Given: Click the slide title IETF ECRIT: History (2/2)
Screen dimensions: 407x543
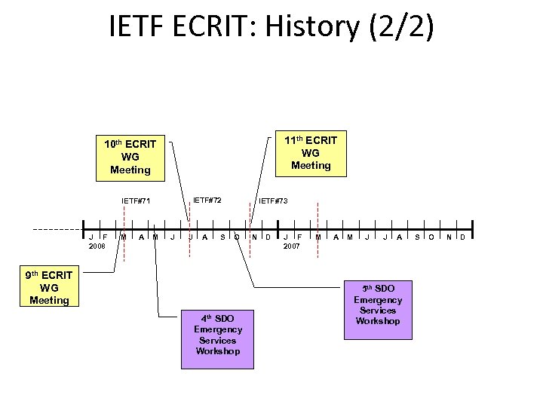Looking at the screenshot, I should point(271,27).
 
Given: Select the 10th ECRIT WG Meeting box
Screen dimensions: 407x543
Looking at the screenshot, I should point(130,157).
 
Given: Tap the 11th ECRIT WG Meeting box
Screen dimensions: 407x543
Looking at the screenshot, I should point(310,152).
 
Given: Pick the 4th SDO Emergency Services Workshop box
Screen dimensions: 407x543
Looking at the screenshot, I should point(217,335).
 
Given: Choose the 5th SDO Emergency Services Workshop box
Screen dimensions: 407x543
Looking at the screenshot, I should point(378,305).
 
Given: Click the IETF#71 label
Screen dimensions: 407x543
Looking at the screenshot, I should point(137,201).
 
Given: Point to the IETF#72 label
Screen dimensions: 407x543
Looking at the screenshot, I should point(207,200).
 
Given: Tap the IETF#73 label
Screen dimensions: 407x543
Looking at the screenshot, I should point(273,201).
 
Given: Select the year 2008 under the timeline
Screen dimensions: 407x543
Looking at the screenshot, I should point(97,246).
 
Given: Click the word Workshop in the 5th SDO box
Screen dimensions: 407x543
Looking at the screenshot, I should point(378,321).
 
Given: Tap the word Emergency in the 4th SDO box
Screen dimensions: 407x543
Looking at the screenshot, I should point(217,329).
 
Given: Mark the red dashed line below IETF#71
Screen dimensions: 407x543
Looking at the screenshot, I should point(124,226).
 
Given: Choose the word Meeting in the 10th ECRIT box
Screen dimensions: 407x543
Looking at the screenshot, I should point(130,170).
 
